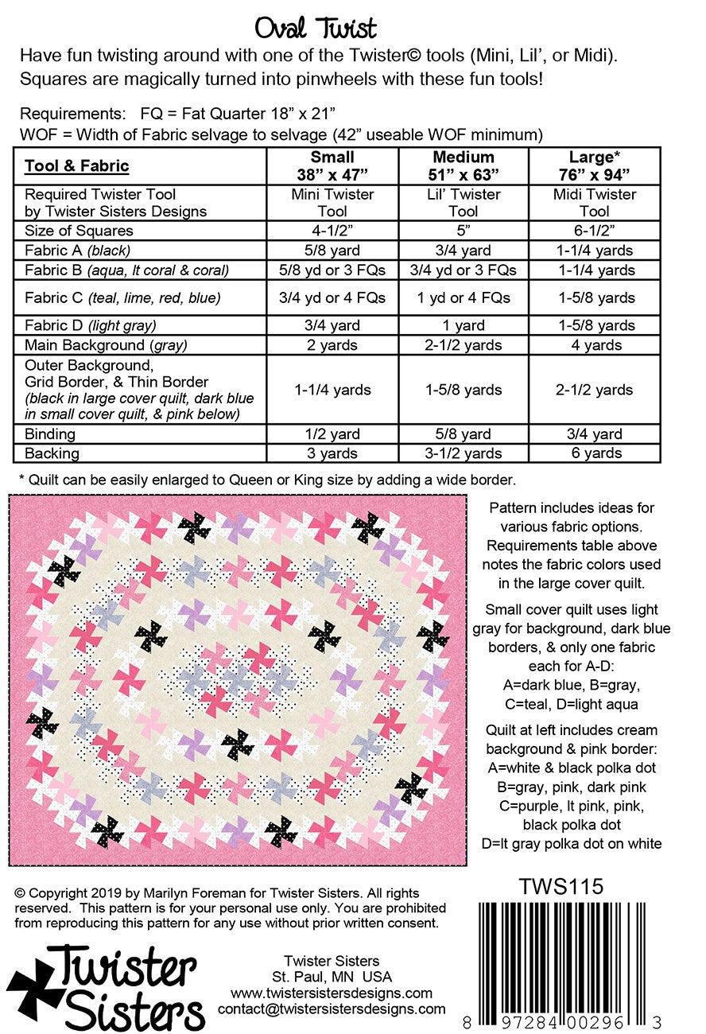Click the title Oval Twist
[316, 29]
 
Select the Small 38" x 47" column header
[332, 165]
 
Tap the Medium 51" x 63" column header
[464, 165]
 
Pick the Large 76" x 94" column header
[595, 165]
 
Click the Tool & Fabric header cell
[76, 166]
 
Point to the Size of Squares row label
[80, 231]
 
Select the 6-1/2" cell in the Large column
[595, 231]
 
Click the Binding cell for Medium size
[464, 434]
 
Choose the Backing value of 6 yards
[595, 453]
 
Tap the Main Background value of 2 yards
[332, 345]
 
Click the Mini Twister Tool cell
[332, 203]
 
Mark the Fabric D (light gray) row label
[92, 325]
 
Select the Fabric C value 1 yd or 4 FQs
[464, 298]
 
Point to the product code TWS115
[561, 886]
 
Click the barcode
[562, 954]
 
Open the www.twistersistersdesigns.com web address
[332, 993]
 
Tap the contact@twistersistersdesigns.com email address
[332, 1009]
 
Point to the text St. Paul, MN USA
[332, 977]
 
